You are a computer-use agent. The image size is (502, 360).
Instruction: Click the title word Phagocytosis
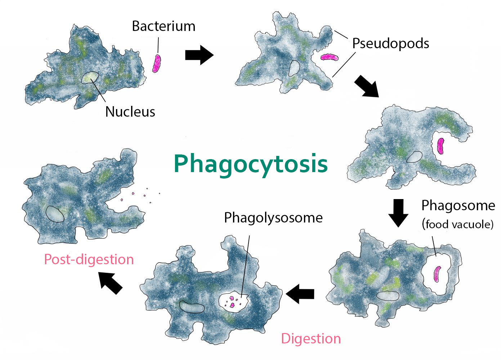251,165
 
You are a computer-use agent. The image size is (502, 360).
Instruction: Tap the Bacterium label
163,26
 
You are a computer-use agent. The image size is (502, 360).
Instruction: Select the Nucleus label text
130,112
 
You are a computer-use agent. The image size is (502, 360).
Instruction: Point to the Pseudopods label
391,44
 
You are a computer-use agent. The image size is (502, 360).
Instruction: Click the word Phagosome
458,206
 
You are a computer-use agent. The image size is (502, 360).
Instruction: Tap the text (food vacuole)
458,224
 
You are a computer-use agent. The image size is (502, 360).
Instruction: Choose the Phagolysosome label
273,218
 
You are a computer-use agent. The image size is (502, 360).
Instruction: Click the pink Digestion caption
311,338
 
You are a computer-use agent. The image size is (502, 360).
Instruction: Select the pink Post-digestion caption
89,260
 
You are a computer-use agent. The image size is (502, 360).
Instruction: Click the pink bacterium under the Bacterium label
157,63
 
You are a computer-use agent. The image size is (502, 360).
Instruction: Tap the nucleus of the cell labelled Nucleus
90,77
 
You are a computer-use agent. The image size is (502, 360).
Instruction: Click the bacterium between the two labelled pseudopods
330,57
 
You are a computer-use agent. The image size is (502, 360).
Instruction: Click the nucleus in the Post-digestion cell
55,214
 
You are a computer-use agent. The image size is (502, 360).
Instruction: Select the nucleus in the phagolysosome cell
192,307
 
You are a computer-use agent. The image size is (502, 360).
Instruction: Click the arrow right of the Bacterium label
199,55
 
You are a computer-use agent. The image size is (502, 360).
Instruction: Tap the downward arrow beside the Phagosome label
398,213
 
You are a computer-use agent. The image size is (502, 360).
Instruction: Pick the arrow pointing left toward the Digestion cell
300,294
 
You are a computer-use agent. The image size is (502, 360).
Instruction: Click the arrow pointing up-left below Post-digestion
111,283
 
